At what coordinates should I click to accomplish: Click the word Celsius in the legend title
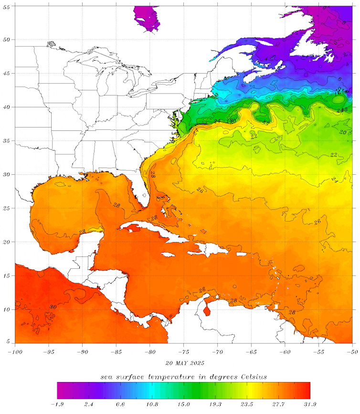[x=251, y=377]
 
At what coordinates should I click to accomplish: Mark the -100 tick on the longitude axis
[x=15, y=351]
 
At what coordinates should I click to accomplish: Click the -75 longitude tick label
[x=183, y=351]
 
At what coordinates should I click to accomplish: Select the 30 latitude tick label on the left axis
[x=7, y=175]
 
